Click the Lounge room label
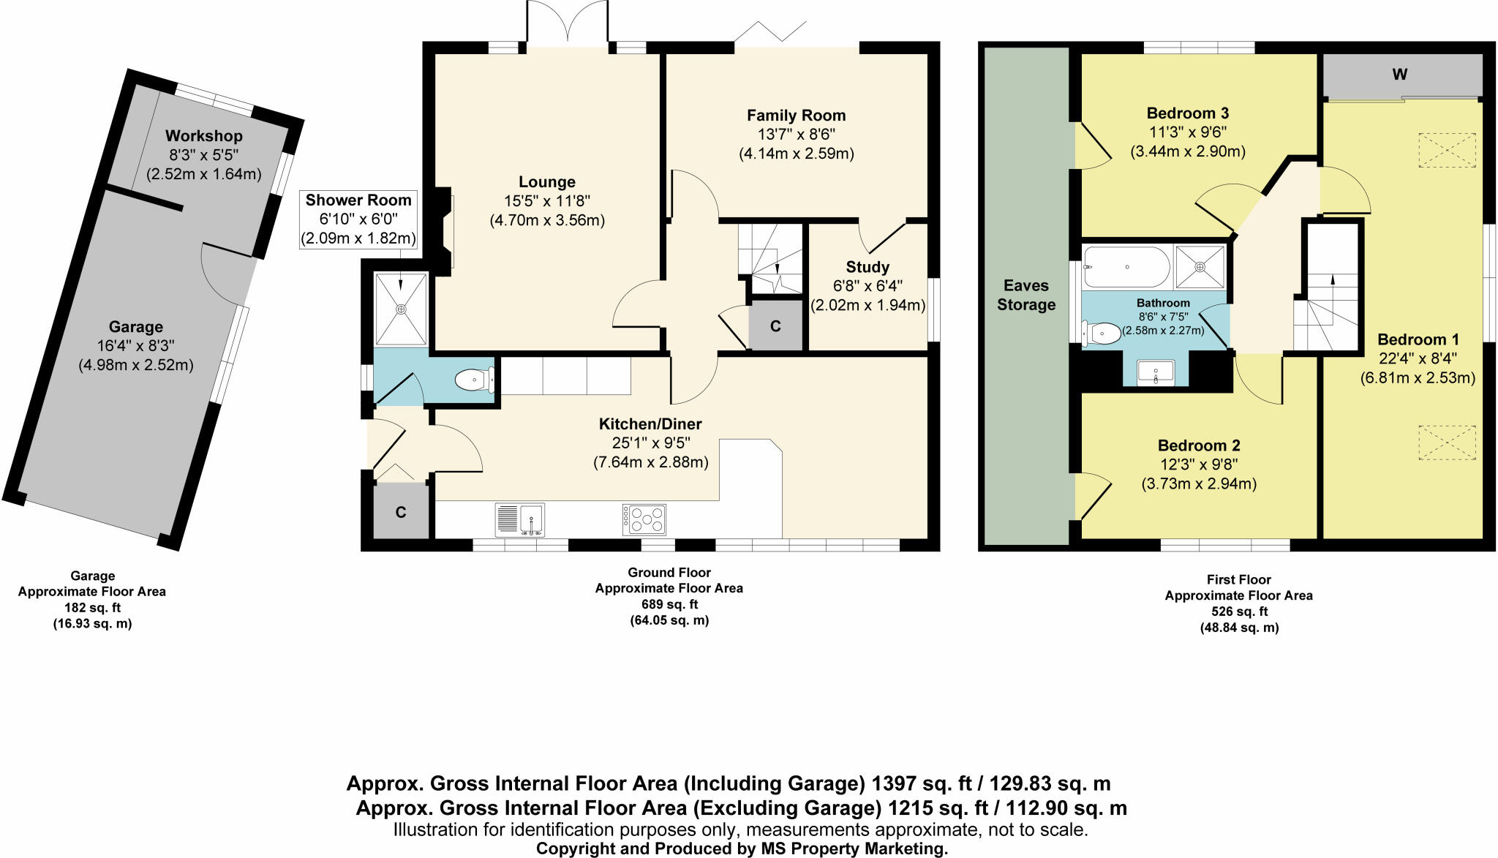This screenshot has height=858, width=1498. [x=547, y=182]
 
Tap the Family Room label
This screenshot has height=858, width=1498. [x=796, y=116]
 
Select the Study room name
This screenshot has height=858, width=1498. [x=867, y=267]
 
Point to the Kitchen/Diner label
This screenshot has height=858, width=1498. [x=650, y=424]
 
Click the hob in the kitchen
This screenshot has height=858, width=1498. [x=644, y=519]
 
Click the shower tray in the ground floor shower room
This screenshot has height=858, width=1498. [x=401, y=309]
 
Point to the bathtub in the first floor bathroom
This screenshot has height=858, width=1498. [x=1127, y=267]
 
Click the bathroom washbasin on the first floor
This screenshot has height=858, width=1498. [x=1156, y=373]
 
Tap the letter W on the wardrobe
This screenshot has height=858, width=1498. [x=1400, y=75]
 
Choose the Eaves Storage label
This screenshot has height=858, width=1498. [x=1026, y=296]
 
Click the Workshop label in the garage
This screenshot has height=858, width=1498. [x=203, y=136]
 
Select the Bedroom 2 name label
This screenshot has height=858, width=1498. [x=1199, y=445]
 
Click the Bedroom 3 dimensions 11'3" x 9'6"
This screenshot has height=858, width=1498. [x=1188, y=132]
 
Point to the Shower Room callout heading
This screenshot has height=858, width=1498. [x=358, y=200]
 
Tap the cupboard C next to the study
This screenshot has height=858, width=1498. [x=775, y=326]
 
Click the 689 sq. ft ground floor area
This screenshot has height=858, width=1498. [x=669, y=604]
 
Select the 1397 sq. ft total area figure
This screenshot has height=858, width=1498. [x=922, y=783]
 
